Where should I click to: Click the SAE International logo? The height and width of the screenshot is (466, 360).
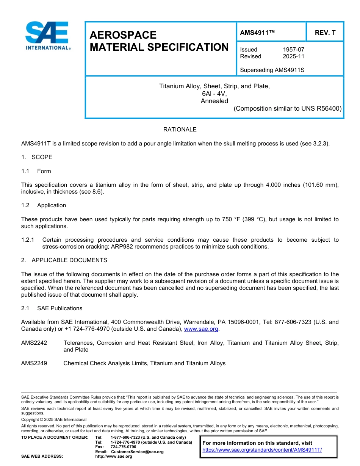[47, 36]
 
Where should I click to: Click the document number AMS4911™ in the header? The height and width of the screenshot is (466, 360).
[257, 33]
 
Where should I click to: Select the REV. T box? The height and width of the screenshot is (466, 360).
[325, 33]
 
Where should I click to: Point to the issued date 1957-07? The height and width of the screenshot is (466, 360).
[293, 50]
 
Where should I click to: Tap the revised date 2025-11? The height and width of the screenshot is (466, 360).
[293, 56]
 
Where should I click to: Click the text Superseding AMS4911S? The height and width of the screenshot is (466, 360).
[272, 70]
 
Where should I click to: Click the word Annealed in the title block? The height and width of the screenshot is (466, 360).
[214, 101]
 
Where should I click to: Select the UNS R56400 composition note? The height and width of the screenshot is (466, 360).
[288, 109]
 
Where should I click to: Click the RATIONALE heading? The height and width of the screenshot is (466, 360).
[180, 130]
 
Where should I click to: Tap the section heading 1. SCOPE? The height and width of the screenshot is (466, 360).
[37, 157]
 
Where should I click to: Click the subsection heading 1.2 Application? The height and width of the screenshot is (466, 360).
[44, 205]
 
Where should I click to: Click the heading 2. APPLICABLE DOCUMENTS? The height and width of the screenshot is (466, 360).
[64, 260]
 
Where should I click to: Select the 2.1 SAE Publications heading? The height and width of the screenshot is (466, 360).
[52, 308]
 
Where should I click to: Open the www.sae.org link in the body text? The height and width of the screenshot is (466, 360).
[201, 329]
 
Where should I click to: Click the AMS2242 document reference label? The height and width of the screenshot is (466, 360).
[34, 343]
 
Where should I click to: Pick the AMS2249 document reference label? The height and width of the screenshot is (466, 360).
[34, 363]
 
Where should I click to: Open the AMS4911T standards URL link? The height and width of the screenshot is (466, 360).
[262, 450]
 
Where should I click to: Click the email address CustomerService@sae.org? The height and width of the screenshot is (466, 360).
[137, 452]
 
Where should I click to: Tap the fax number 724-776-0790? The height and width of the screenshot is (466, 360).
[123, 447]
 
